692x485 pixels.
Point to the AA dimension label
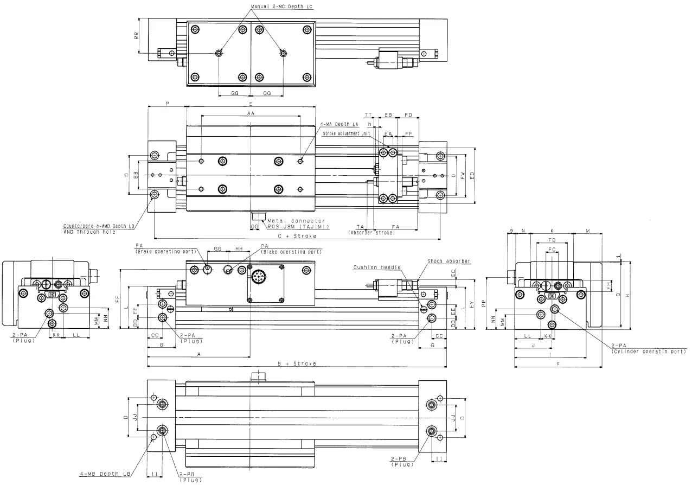tap(251, 113)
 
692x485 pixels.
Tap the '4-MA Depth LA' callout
tap(339, 124)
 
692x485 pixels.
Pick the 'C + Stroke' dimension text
tap(297, 236)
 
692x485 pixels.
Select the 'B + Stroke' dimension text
tap(297, 363)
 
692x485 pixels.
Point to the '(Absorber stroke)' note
tap(371, 233)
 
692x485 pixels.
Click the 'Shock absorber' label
tap(449, 261)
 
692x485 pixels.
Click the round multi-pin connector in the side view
tap(258, 277)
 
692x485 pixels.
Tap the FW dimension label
tap(463, 176)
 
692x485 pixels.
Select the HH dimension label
tap(238, 248)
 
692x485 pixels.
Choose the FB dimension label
tap(552, 239)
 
